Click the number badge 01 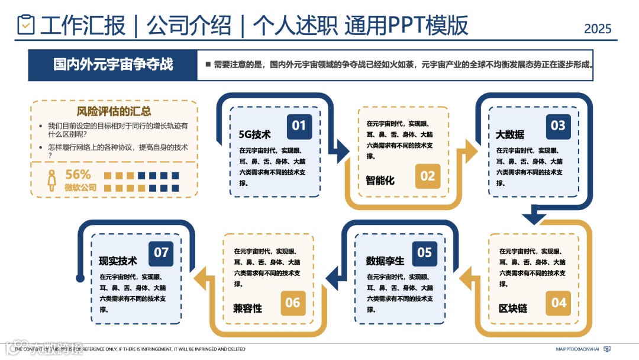299,126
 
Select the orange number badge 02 428,176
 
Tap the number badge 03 558,126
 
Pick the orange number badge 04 559,303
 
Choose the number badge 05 425,253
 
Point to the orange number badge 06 293,303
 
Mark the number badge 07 162,253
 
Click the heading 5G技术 254,134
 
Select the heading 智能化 380,180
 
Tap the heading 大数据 509,134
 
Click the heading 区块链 513,308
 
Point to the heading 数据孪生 385,261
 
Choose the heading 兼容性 247,308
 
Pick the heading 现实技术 118,261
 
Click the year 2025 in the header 598,28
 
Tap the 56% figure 78,175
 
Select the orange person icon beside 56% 52,180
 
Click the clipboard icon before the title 26,25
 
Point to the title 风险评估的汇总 114,111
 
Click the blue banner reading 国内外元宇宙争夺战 113,65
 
